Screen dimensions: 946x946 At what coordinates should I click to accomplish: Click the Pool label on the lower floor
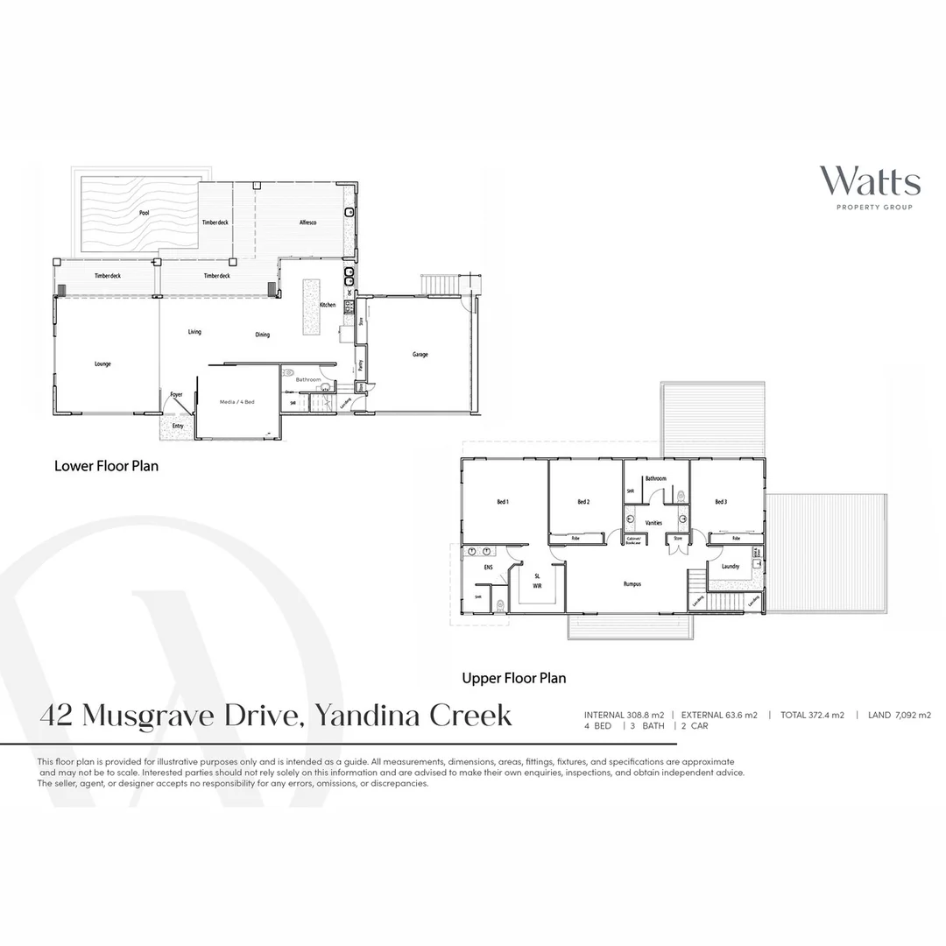pyautogui.click(x=144, y=213)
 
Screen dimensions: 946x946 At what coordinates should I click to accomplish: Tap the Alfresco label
pyautogui.click(x=307, y=223)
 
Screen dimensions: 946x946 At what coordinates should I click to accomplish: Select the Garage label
pyautogui.click(x=420, y=355)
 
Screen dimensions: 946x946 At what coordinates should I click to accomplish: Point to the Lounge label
pyautogui.click(x=102, y=364)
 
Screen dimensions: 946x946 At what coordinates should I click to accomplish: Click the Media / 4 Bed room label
pyautogui.click(x=236, y=401)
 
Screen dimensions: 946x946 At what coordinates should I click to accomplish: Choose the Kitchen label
pyautogui.click(x=328, y=305)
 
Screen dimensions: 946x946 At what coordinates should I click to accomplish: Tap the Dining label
pyautogui.click(x=263, y=335)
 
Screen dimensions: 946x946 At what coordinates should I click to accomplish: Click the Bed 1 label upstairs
pyautogui.click(x=503, y=502)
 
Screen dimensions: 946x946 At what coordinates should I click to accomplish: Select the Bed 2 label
pyautogui.click(x=583, y=502)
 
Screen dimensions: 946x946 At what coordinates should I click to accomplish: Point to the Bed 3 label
pyautogui.click(x=721, y=502)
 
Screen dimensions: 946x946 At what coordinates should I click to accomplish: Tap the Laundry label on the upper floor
pyautogui.click(x=731, y=567)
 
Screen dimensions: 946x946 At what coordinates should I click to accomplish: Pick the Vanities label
pyautogui.click(x=653, y=523)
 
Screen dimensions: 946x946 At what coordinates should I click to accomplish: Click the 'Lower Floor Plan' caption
pyautogui.click(x=107, y=466)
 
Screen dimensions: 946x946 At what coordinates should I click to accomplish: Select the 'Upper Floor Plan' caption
pyautogui.click(x=514, y=678)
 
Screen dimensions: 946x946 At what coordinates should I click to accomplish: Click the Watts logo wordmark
pyautogui.click(x=870, y=181)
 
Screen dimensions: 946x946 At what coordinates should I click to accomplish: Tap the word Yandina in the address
pyautogui.click(x=367, y=716)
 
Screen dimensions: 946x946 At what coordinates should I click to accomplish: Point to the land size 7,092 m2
pyautogui.click(x=913, y=716)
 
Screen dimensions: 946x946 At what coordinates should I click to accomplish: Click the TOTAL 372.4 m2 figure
pyautogui.click(x=814, y=716)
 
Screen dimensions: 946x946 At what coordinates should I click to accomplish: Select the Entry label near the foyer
pyautogui.click(x=178, y=426)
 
